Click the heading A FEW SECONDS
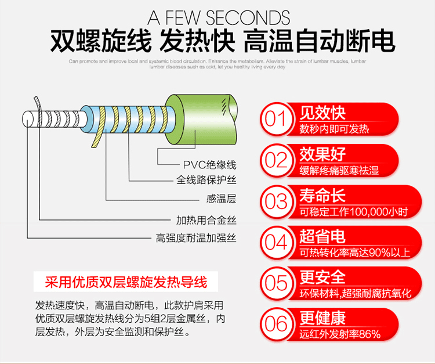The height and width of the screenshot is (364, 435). click(218, 16)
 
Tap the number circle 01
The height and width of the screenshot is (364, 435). click(276, 119)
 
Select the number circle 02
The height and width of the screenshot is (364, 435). click(276, 160)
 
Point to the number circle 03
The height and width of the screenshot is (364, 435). click(276, 201)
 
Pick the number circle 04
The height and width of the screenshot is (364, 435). click(276, 242)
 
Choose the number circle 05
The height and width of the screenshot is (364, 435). click(276, 283)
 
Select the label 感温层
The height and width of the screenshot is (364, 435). click(221, 199)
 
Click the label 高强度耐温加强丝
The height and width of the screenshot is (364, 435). click(195, 238)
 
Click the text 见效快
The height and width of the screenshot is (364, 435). click(322, 112)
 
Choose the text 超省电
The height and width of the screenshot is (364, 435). click(322, 236)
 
